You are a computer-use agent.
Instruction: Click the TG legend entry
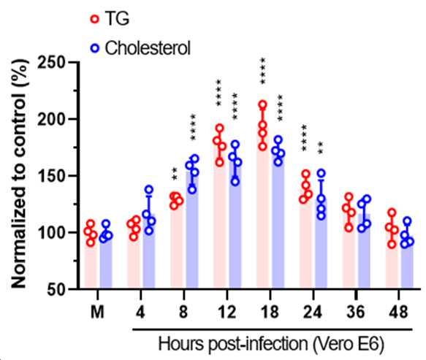[110, 19]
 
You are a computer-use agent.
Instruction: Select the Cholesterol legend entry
[140, 48]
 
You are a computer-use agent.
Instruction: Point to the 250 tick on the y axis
[51, 63]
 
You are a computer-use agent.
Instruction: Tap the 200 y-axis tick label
[51, 119]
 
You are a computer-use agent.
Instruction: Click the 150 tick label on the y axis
[51, 176]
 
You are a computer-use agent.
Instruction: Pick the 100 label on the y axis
[51, 233]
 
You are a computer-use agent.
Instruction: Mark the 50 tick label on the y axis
[56, 290]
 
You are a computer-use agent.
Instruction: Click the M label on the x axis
[97, 312]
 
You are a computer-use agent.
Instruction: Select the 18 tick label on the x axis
[270, 312]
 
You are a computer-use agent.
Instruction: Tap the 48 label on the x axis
[398, 312]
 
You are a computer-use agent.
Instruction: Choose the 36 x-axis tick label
[356, 312]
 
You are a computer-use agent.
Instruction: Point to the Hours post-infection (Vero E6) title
[271, 344]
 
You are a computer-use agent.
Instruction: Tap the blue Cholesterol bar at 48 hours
[407, 264]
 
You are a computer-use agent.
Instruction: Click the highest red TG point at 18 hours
[263, 104]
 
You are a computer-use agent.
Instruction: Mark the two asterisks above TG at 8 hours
[175, 174]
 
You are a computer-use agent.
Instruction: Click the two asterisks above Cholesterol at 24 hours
[321, 148]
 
